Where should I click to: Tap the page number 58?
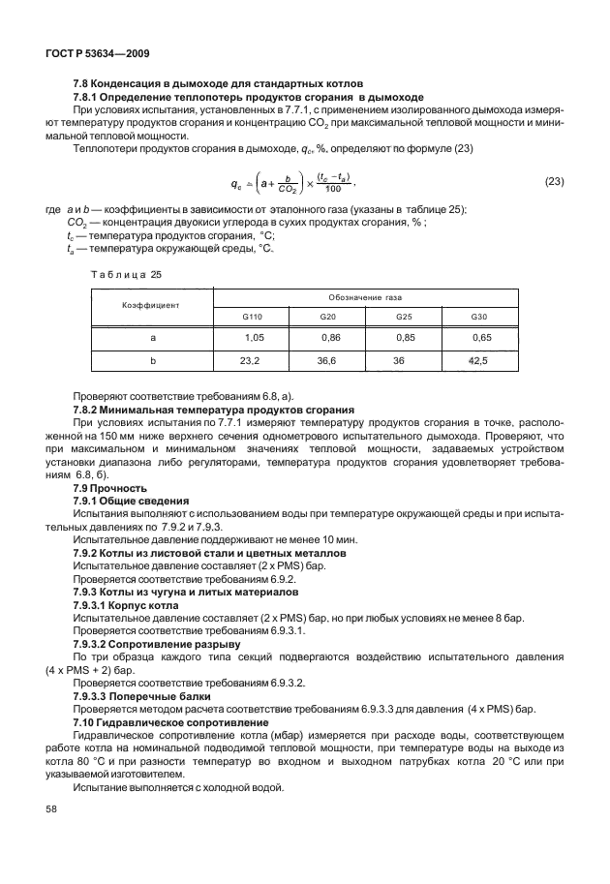pyautogui.click(x=50, y=835)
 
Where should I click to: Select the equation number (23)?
pyautogui.click(x=554, y=182)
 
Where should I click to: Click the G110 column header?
pyautogui.click(x=251, y=316)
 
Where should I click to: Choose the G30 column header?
pyautogui.click(x=479, y=316)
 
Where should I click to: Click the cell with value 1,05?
pyautogui.click(x=254, y=338)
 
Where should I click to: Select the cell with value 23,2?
pyautogui.click(x=251, y=360)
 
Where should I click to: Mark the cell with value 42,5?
pyautogui.click(x=479, y=360)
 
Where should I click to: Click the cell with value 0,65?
pyautogui.click(x=481, y=338)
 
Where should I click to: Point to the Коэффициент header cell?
pyautogui.click(x=150, y=303)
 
